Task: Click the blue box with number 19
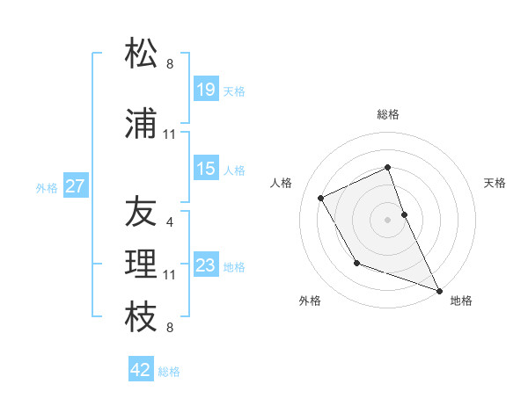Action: pos(206,89)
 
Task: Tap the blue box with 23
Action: pos(206,264)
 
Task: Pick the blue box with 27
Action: pos(76,185)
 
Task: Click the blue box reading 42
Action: pos(141,369)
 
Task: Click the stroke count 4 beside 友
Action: pos(170,223)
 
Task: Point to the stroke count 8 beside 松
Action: pos(170,63)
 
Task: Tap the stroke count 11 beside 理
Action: pos(170,275)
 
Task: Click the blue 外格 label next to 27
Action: pos(47,187)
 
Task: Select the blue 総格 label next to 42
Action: pos(169,372)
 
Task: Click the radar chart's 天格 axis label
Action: pos(495,183)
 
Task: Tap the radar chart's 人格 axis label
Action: pos(281,183)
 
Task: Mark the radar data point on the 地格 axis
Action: pos(439,289)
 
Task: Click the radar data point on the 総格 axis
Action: pos(387,168)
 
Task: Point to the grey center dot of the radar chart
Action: pos(387,219)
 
